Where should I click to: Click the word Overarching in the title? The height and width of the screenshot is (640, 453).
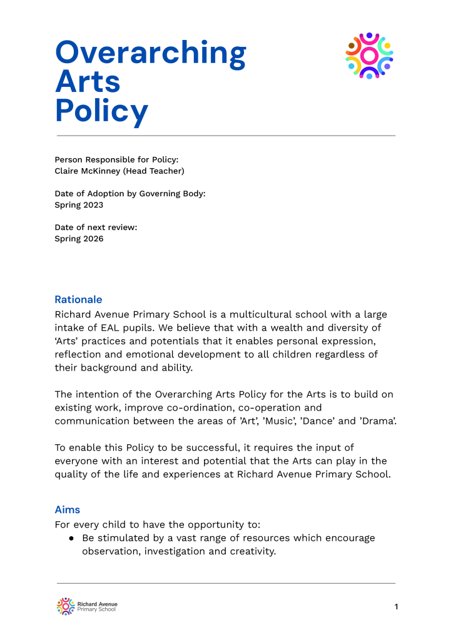pos(151,53)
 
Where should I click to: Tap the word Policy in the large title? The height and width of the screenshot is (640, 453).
pos(101,110)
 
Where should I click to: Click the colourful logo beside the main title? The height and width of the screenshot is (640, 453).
pos(369,56)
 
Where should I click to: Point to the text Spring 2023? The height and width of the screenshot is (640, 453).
pos(79,205)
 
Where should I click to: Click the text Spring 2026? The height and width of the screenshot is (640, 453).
pos(79,239)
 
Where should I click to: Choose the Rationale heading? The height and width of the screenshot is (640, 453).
pos(78,299)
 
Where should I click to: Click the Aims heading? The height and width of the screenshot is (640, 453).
pos(68,509)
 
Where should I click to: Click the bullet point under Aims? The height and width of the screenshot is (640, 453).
pos(73,538)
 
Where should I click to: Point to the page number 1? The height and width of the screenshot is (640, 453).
pos(396,607)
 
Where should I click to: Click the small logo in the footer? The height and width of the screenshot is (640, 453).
pos(65,606)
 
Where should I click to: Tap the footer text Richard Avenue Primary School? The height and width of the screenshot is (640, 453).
pos(97,606)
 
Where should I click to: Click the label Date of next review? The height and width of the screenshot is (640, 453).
pos(96,227)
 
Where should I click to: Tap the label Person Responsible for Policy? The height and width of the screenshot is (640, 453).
pos(116,159)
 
